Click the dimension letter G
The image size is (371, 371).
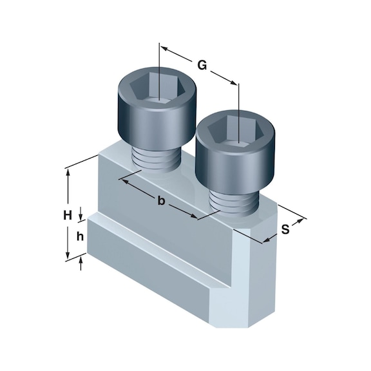tap(202, 64)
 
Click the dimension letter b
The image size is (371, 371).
tap(162, 202)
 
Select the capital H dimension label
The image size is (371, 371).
tap(67, 216)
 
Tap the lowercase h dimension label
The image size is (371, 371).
tap(80, 236)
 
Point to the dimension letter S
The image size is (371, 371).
tap(285, 227)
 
